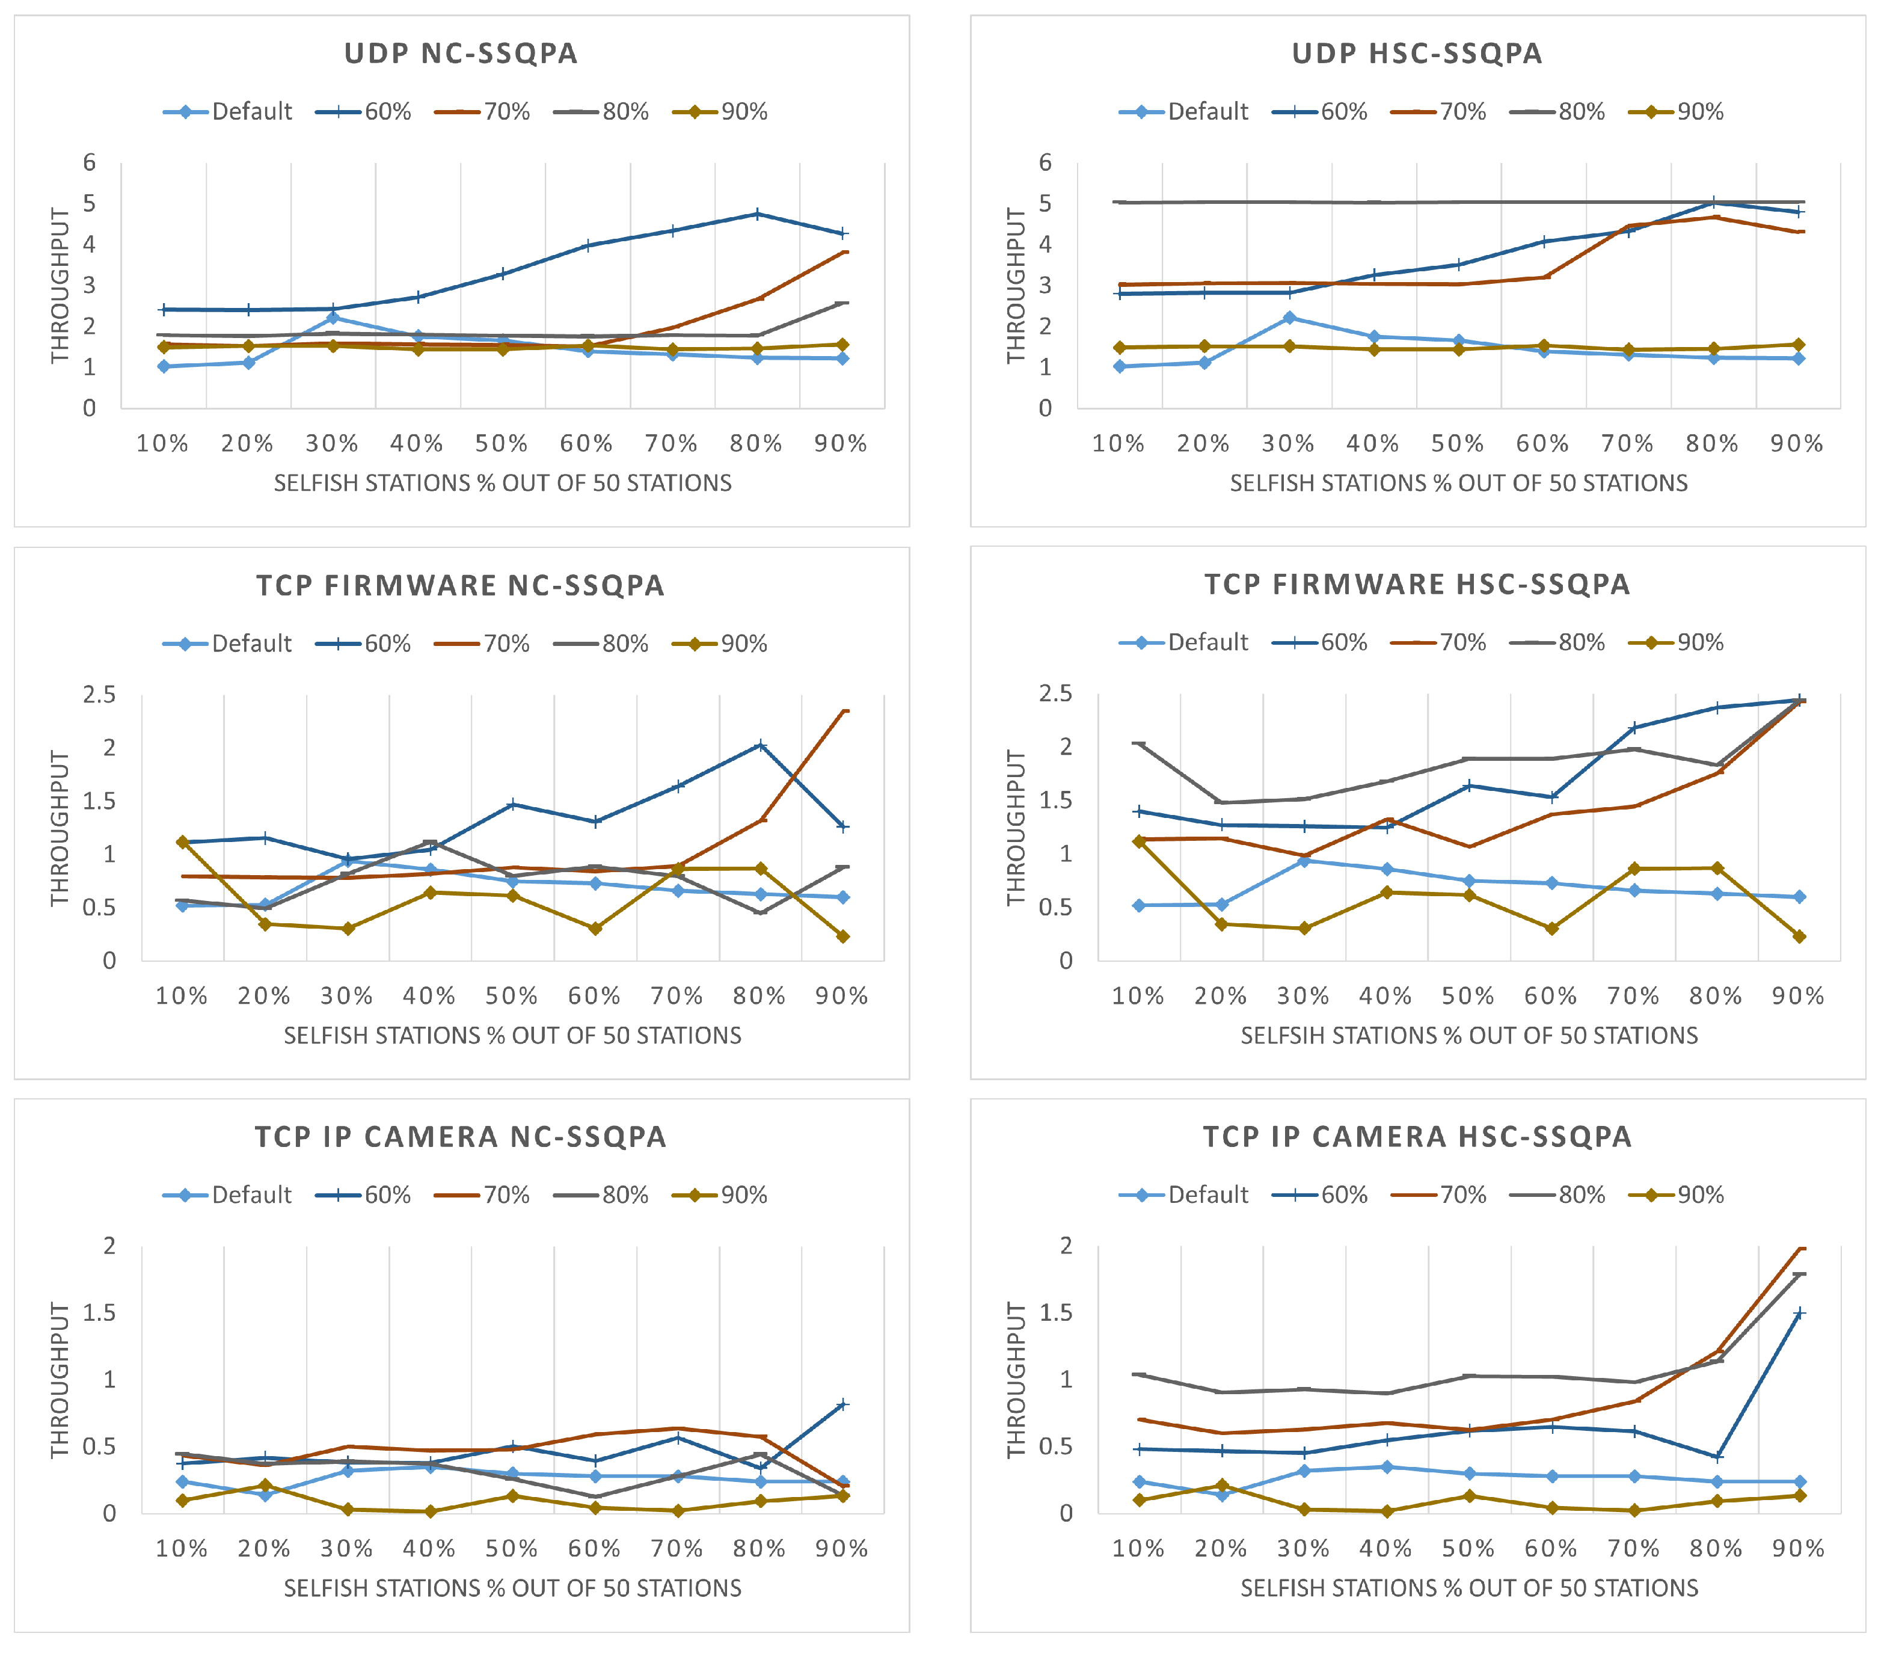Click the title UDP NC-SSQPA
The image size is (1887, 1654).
click(x=461, y=54)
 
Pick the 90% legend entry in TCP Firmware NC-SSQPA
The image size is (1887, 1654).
click(x=720, y=644)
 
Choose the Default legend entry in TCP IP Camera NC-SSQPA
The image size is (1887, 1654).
click(x=228, y=1194)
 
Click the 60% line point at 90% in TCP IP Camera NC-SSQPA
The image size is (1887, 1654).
click(x=841, y=1405)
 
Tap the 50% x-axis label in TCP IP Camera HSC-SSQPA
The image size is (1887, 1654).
click(x=1468, y=1549)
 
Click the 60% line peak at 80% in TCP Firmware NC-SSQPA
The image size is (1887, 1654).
click(x=760, y=745)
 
